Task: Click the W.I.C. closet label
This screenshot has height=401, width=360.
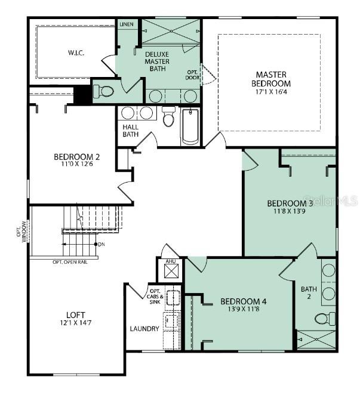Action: click(76, 53)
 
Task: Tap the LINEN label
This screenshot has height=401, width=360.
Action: click(126, 24)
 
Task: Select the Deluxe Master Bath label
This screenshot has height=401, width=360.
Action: click(157, 61)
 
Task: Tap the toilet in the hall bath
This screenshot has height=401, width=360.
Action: click(169, 118)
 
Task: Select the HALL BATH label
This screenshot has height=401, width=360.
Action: click(130, 131)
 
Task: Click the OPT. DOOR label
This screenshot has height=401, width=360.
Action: click(192, 75)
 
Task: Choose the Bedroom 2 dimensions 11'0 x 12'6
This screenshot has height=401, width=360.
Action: click(76, 165)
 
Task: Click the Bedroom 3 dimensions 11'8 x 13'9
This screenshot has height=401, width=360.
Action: click(290, 211)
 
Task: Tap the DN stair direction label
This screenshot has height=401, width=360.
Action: click(102, 244)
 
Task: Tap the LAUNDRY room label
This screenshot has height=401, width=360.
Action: click(144, 329)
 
